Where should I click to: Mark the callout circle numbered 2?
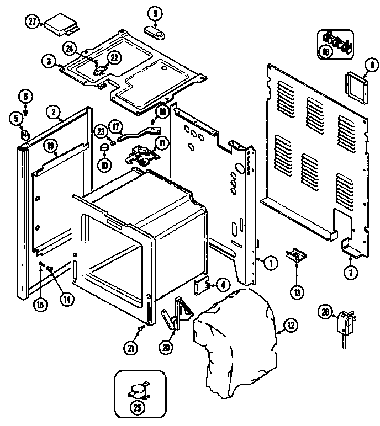54,112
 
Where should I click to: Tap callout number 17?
115,127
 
